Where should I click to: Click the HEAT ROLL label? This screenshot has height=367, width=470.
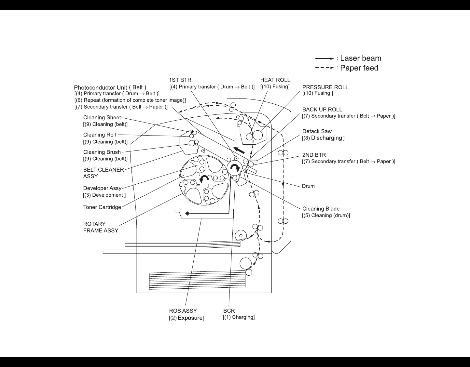pyautogui.click(x=275, y=80)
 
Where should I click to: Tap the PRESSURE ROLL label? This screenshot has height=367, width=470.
pyautogui.click(x=325, y=87)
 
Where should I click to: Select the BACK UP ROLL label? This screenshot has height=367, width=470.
pyautogui.click(x=322, y=110)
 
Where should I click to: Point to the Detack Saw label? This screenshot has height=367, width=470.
pyautogui.click(x=317, y=131)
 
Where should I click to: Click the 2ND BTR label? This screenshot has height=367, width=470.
pyautogui.click(x=314, y=155)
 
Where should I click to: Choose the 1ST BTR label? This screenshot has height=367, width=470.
pyautogui.click(x=180, y=80)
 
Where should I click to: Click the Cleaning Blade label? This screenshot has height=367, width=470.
pyautogui.click(x=321, y=209)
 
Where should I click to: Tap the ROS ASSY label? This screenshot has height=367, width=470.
pyautogui.click(x=183, y=311)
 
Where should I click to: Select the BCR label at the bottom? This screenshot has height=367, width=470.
pyautogui.click(x=229, y=311)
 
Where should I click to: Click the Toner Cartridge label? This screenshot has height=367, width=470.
pyautogui.click(x=102, y=207)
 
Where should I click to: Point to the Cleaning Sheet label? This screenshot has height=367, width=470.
pyautogui.click(x=102, y=118)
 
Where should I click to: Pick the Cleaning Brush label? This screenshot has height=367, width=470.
pyautogui.click(x=102, y=152)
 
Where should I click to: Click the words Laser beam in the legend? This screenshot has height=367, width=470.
pyautogui.click(x=361, y=59)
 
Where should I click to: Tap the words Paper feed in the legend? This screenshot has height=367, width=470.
pyautogui.click(x=359, y=68)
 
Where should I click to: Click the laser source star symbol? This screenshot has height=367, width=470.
pyautogui.click(x=187, y=214)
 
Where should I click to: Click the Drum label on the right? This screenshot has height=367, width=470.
pyautogui.click(x=308, y=186)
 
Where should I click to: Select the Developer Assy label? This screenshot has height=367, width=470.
pyautogui.click(x=102, y=188)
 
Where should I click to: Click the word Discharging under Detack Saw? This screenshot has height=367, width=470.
pyautogui.click(x=326, y=138)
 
